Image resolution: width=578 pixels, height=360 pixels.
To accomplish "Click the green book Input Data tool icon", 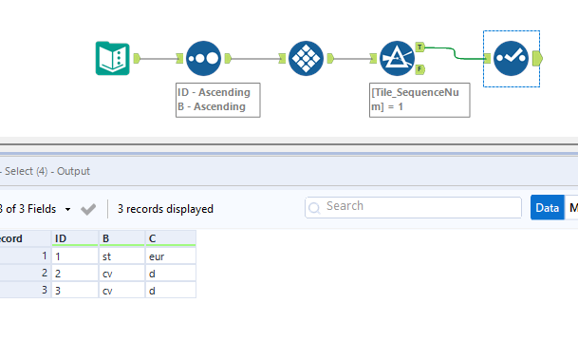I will coord(114,59).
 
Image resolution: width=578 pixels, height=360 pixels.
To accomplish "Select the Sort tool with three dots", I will coord(203,59).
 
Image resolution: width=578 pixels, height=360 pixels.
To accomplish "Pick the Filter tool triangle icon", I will coord(396,59).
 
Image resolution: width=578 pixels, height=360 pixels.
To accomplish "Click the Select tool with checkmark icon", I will coord(511,59).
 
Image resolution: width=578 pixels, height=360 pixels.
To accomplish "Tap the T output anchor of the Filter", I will coord(420,46).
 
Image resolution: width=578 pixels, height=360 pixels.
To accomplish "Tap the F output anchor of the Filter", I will coord(420,69).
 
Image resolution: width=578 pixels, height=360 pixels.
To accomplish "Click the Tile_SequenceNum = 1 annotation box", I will coord(419,100).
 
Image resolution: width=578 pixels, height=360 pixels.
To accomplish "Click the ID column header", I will coord(74,237).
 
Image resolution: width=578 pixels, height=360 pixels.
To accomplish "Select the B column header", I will coord(121,237).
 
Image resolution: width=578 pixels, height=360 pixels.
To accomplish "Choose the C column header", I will coord(169,237).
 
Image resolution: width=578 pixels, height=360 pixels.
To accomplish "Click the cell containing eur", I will coord(169,256).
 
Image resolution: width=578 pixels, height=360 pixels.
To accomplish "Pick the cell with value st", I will coord(121,256).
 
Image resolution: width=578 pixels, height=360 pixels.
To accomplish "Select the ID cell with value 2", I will coord(74,273).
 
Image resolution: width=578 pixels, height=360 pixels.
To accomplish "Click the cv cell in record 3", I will coord(121,290).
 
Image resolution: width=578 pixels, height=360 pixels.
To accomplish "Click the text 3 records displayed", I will coord(165,208).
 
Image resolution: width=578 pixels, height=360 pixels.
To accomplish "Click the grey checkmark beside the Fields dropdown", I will coord(88,208).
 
